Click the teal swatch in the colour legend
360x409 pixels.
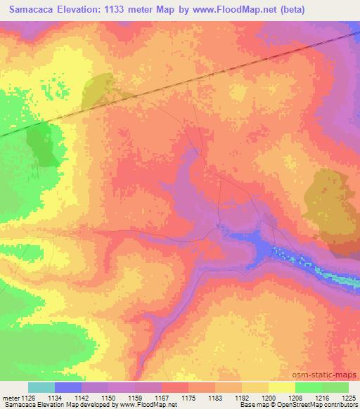click(x=41, y=387)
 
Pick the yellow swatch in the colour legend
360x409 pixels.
click(x=282, y=387)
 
